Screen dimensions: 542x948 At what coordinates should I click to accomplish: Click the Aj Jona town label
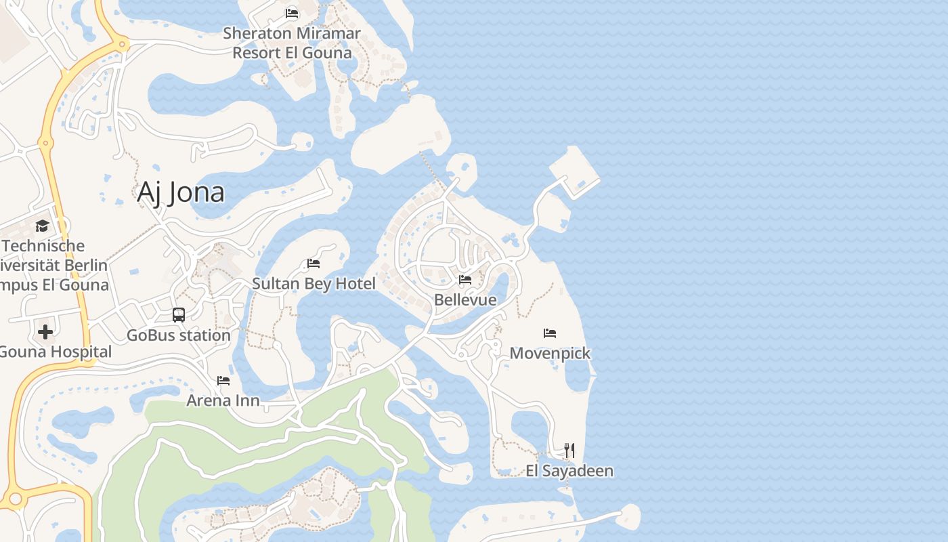pos(181,192)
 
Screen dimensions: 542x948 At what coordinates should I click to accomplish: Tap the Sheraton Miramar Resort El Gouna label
pos(292,43)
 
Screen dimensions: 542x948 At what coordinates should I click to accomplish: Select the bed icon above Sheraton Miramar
pos(292,13)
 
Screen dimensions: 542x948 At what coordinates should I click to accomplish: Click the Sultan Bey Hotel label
pos(314,283)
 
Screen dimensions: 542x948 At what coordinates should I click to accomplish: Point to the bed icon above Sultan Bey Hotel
pos(314,263)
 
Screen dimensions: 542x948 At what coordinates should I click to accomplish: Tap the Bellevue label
pos(465,299)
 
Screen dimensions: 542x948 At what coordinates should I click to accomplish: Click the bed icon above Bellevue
pos(465,279)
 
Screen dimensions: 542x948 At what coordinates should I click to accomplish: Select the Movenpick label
pos(550,353)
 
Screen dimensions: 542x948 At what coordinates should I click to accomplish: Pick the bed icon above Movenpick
pos(550,333)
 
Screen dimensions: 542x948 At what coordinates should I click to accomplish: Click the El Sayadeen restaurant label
pos(569,470)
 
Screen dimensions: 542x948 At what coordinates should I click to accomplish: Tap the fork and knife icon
pos(569,451)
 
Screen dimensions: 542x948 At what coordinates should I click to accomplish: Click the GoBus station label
pos(179,335)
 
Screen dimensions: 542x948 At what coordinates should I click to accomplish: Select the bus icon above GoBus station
pos(179,315)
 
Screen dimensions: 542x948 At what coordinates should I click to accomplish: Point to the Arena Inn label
pos(223,400)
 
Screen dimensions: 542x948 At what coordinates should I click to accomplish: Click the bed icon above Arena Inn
pos(223,381)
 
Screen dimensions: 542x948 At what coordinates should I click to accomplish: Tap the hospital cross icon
pos(45,332)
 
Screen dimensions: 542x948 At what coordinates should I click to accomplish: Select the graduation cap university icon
pos(43,226)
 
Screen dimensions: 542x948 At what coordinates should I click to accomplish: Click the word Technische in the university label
pos(44,246)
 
